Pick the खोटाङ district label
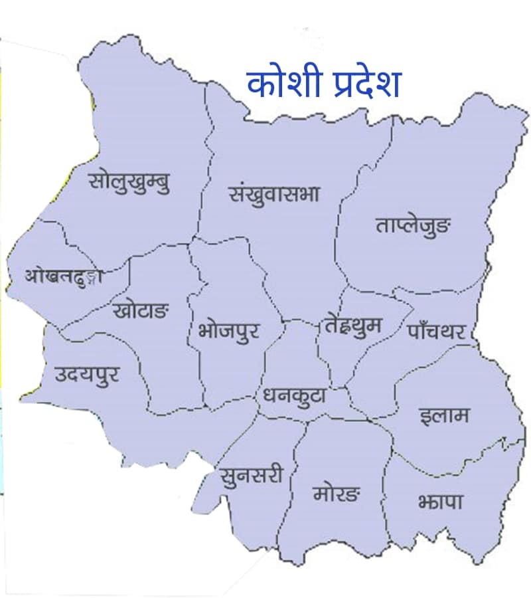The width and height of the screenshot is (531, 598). click(141, 310)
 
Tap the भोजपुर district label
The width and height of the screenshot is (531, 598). click(228, 329)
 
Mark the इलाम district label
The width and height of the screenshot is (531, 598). click(444, 416)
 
